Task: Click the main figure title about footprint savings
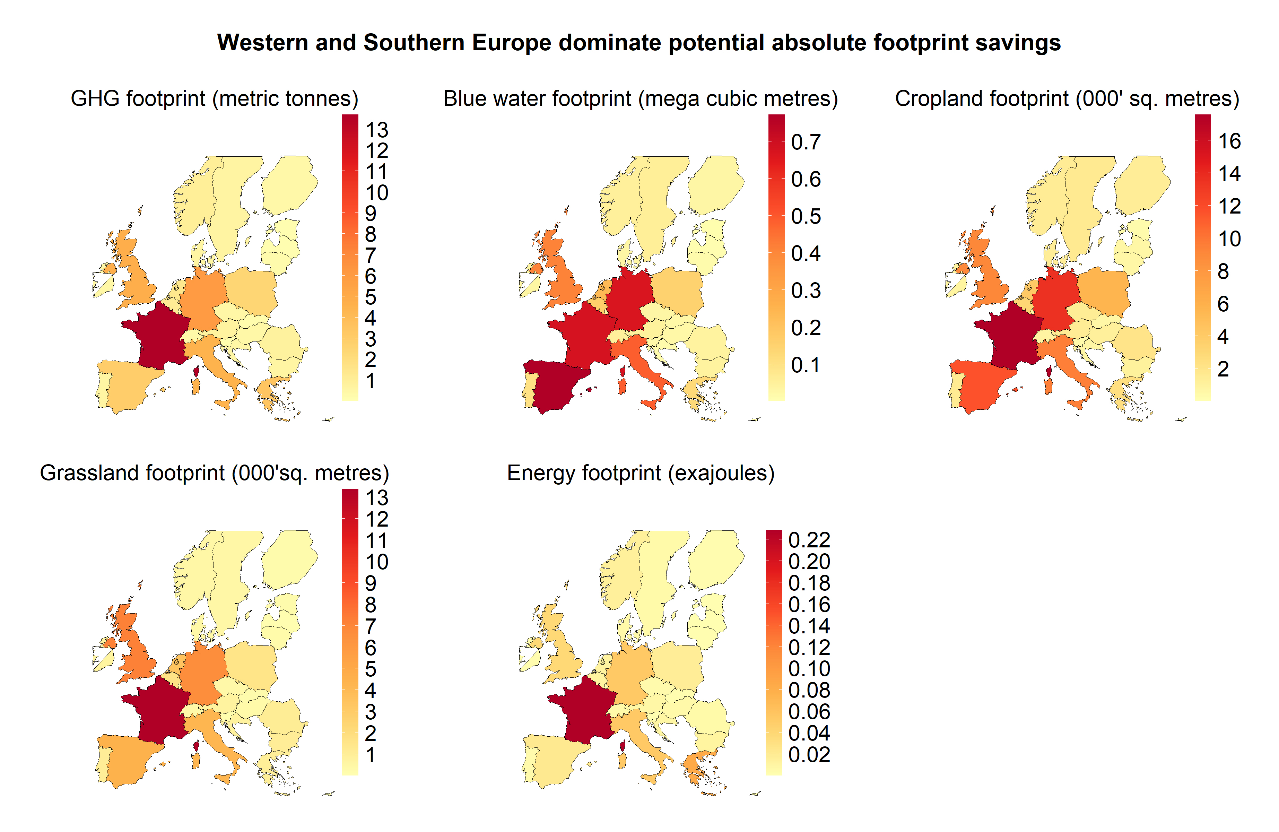pos(639,42)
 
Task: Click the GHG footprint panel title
pos(215,99)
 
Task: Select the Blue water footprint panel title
pos(641,99)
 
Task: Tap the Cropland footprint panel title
pos(1067,99)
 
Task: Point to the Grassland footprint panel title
pos(215,473)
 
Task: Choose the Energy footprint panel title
pos(641,473)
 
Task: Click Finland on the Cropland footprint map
pos(1142,183)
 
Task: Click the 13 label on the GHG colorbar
pos(377,130)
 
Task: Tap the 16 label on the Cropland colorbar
pos(1229,141)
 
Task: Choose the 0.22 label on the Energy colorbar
pos(809,540)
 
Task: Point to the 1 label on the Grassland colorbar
pos(370,755)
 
